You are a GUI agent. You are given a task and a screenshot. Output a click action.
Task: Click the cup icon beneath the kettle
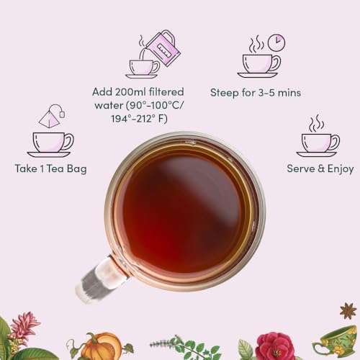pos(142,68)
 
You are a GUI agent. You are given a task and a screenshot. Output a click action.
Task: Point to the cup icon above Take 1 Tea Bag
pos(49,142)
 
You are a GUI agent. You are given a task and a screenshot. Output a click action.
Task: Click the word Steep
pos(225,93)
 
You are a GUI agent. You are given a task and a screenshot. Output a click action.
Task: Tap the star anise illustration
pos(348,311)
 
